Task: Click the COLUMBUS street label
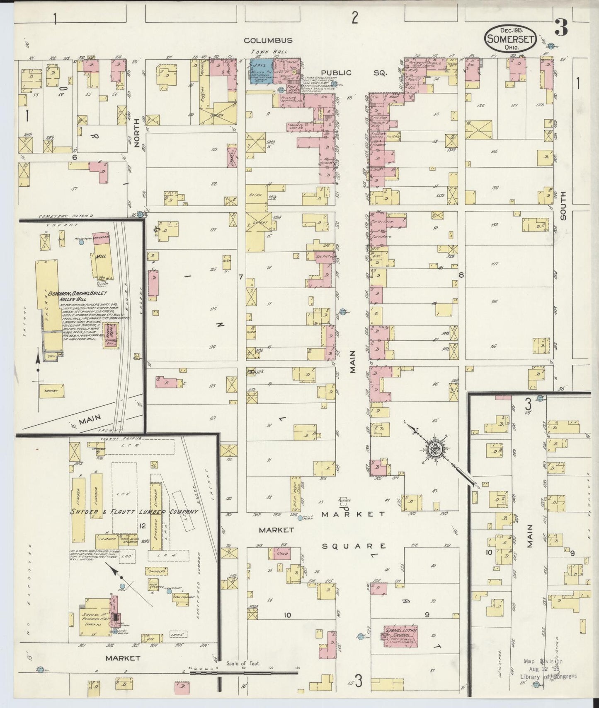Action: click(268, 40)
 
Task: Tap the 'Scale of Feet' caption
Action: click(243, 663)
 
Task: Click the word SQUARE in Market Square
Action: click(354, 546)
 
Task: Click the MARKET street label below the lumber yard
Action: click(122, 657)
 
